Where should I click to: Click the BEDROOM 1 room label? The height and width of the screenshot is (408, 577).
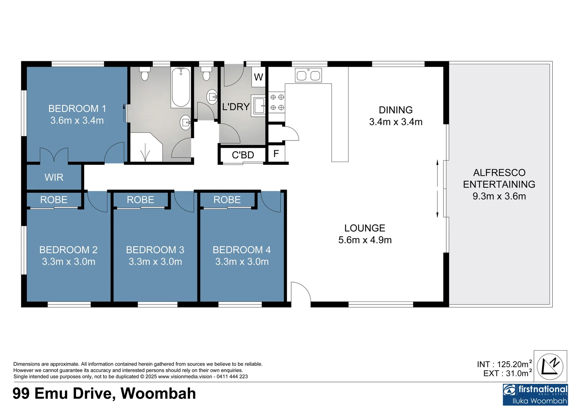[x=77, y=109]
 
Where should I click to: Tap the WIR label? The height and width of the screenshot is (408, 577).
[x=54, y=178]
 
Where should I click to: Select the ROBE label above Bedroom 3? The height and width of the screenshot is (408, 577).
[x=140, y=200]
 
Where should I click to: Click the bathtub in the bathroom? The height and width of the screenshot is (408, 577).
[x=181, y=87]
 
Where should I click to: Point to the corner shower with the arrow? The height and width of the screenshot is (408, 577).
[x=145, y=148]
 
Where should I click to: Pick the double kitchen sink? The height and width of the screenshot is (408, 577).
[x=308, y=76]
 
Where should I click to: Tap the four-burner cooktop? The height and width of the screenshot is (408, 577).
[x=277, y=102]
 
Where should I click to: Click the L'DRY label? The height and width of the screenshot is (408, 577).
[x=236, y=107]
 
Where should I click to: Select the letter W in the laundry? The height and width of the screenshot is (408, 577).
[x=258, y=77]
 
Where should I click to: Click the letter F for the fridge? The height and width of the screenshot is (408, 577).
[x=276, y=154]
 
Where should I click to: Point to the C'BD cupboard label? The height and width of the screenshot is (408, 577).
[x=243, y=155]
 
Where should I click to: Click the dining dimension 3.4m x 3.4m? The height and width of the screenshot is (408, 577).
[x=396, y=122]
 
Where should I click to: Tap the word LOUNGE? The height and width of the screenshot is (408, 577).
[x=365, y=228]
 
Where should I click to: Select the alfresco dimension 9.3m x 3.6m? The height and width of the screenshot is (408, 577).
[x=499, y=196]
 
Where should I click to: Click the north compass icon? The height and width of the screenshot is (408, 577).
[x=550, y=366]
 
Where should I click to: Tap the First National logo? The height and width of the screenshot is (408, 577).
[x=535, y=394]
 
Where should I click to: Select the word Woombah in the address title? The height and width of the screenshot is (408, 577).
[x=158, y=394]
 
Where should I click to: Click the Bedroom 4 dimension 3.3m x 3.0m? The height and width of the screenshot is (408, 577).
[x=242, y=262]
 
